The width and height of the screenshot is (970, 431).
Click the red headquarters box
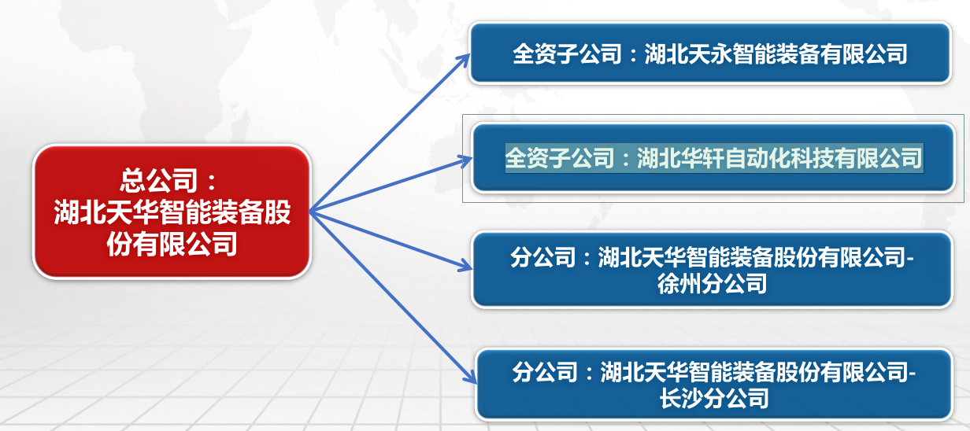(x=172, y=212)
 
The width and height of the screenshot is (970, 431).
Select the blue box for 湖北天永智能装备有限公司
(x=709, y=53)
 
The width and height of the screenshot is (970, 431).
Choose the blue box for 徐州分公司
(x=712, y=269)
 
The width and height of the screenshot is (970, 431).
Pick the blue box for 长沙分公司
(x=714, y=385)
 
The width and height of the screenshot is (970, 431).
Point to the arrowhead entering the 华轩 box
(x=466, y=161)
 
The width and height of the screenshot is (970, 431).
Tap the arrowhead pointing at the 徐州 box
(x=466, y=265)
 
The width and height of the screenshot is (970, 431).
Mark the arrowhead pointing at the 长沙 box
(x=470, y=376)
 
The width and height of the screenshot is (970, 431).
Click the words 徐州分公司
(x=712, y=284)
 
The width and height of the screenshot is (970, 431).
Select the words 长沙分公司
(x=714, y=398)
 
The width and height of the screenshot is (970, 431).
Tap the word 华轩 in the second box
(x=702, y=158)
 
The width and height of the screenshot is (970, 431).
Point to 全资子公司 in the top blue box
(x=567, y=54)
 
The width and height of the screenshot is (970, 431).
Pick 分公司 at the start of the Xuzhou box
(x=542, y=257)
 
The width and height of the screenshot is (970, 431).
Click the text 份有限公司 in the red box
(x=172, y=244)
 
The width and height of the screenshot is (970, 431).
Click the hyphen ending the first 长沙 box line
(x=912, y=374)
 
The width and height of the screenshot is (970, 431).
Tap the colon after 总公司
(x=212, y=182)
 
